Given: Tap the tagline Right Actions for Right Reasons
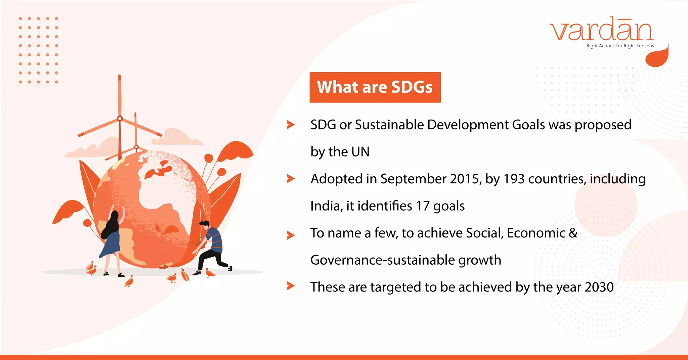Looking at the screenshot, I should (620, 46).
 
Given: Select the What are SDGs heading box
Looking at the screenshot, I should (375, 87).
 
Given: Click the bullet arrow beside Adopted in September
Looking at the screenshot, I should (291, 179).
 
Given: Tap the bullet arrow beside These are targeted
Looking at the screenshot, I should (291, 286).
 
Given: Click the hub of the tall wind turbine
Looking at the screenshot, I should (120, 119).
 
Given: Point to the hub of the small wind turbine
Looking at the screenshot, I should (136, 147).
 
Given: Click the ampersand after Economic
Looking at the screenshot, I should (573, 233).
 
